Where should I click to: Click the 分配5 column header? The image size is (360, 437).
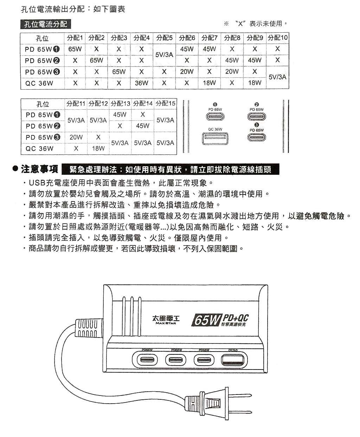pos(164,38)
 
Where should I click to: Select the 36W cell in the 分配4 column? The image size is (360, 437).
pos(141,83)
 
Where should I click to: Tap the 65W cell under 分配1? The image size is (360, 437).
pos(75,49)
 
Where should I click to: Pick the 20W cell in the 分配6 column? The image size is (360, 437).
pos(187,72)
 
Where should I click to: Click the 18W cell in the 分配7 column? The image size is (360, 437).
pos(209,83)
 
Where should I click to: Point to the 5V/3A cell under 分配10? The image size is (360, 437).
pos(277,77)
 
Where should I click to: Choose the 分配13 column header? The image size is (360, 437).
pos(120,104)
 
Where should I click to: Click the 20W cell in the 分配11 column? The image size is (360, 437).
pos(76,137)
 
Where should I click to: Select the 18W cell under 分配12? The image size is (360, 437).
pos(98,148)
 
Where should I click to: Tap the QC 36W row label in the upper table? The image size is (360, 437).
pos(39,83)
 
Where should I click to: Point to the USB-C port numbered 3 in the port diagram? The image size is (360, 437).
pos(257,137)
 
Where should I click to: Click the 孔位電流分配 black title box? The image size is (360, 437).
pos(46,24)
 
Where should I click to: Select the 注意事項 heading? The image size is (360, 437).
pos(39,169)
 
